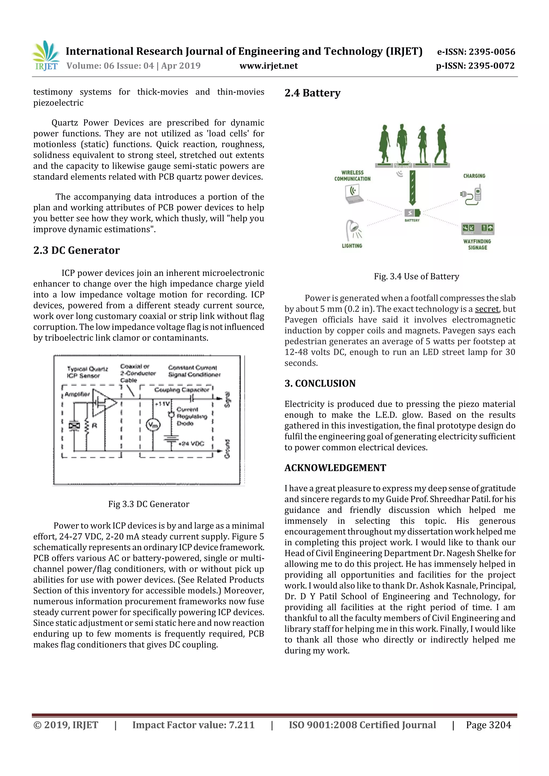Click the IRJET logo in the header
(x=46, y=56)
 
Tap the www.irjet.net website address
(x=269, y=66)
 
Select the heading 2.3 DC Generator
(x=76, y=250)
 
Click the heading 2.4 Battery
(x=312, y=93)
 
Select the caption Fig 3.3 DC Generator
(x=149, y=504)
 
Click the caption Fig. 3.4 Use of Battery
(x=416, y=276)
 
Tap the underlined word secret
(x=487, y=309)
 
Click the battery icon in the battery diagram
(x=412, y=213)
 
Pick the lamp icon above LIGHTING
(x=353, y=230)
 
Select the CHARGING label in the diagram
(x=474, y=176)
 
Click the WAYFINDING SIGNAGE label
(x=477, y=244)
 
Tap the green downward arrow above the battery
(x=412, y=188)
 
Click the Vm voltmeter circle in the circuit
(x=153, y=425)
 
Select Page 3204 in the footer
(x=488, y=725)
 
